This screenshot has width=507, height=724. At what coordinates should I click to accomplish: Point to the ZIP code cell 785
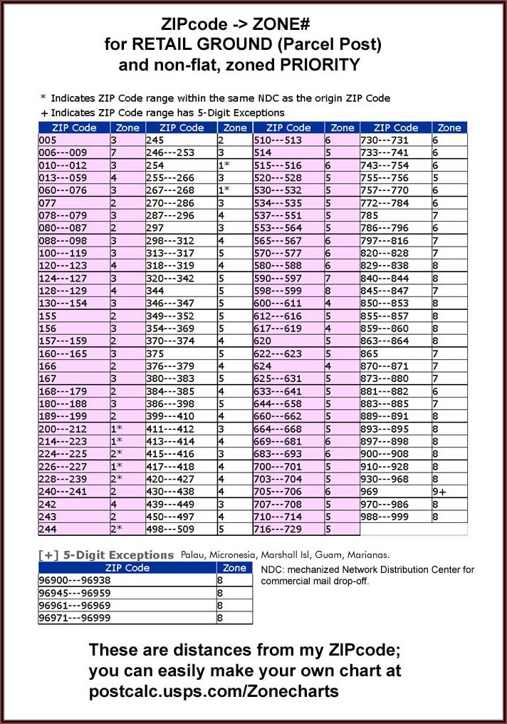[x=369, y=214]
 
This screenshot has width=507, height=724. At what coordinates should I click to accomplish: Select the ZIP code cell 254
[x=155, y=165]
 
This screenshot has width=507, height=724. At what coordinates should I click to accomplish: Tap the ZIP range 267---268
[x=169, y=190]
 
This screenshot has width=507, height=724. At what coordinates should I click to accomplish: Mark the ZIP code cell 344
[x=155, y=291]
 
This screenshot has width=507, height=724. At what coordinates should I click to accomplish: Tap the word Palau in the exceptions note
[x=193, y=554]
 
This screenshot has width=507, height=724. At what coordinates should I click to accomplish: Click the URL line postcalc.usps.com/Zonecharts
[x=213, y=691]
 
